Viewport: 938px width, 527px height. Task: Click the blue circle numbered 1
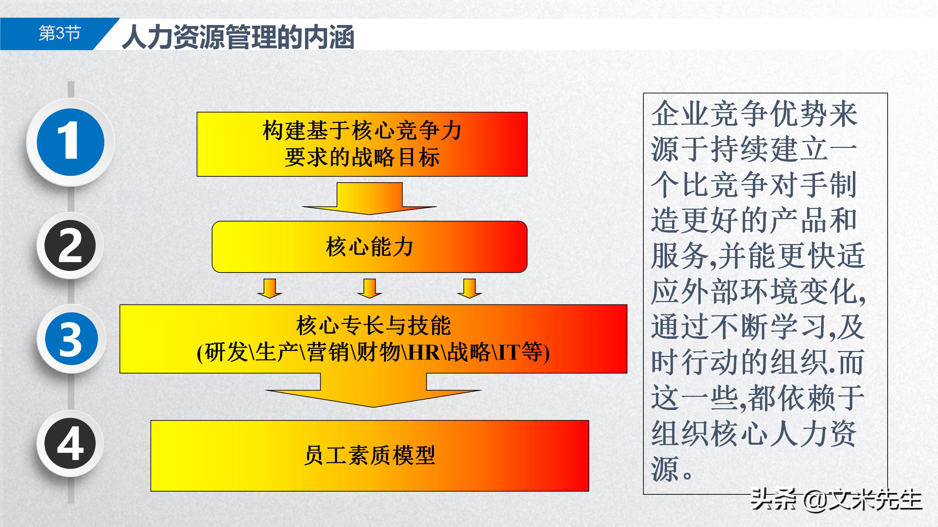[x=71, y=142]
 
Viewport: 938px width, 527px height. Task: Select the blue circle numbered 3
[x=71, y=338]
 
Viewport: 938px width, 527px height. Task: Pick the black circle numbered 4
[x=70, y=444]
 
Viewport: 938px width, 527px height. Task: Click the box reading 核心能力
[x=369, y=247]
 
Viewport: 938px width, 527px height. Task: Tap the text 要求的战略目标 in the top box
[x=362, y=158]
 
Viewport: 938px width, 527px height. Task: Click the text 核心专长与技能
[x=373, y=325]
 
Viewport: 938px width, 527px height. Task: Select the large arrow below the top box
[x=369, y=199]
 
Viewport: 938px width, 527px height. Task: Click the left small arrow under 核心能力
[x=270, y=288]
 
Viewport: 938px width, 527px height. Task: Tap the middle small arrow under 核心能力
[x=369, y=288]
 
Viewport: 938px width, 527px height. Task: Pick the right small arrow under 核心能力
[x=469, y=288]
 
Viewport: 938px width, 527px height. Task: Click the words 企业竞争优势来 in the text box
[x=754, y=114]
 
